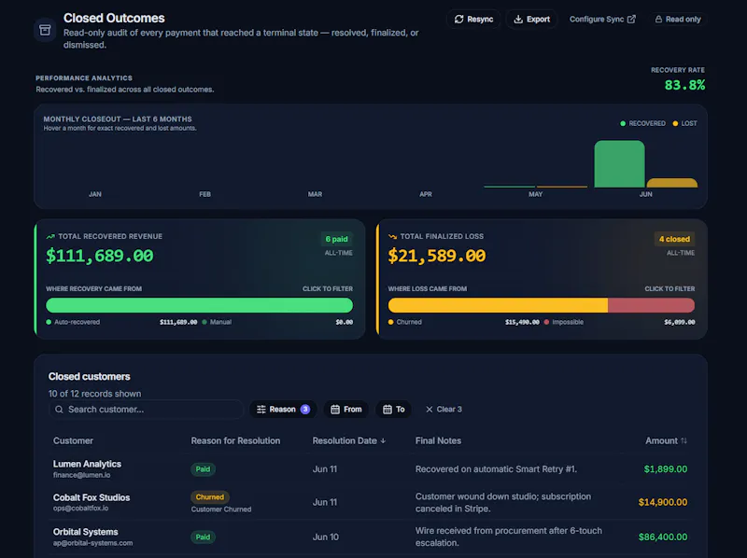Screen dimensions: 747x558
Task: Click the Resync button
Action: [x=473, y=19]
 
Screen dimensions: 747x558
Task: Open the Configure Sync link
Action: [x=602, y=19]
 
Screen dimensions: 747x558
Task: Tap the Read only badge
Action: [x=678, y=19]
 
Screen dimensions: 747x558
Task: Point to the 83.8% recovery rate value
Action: [x=684, y=85]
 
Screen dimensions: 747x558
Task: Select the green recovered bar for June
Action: [x=619, y=164]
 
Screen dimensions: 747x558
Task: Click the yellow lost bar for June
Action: [x=671, y=183]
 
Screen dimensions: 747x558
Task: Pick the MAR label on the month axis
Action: [x=315, y=194]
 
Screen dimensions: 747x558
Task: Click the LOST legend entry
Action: [x=684, y=123]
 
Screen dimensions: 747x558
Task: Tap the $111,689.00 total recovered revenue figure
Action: [x=100, y=256]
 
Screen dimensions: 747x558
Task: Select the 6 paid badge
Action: [x=336, y=239]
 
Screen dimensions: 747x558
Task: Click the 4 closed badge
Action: [x=674, y=239]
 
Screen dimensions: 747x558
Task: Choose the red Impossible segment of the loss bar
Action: [x=651, y=305]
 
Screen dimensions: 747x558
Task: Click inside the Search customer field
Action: [x=146, y=410]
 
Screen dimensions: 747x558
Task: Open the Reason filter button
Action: [x=283, y=410]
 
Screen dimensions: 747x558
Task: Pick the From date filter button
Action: [x=346, y=410]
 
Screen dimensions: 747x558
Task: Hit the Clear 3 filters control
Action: [x=444, y=410]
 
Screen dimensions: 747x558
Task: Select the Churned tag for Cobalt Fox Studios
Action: [x=209, y=497]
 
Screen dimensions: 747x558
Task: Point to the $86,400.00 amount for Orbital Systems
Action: [x=663, y=537]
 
